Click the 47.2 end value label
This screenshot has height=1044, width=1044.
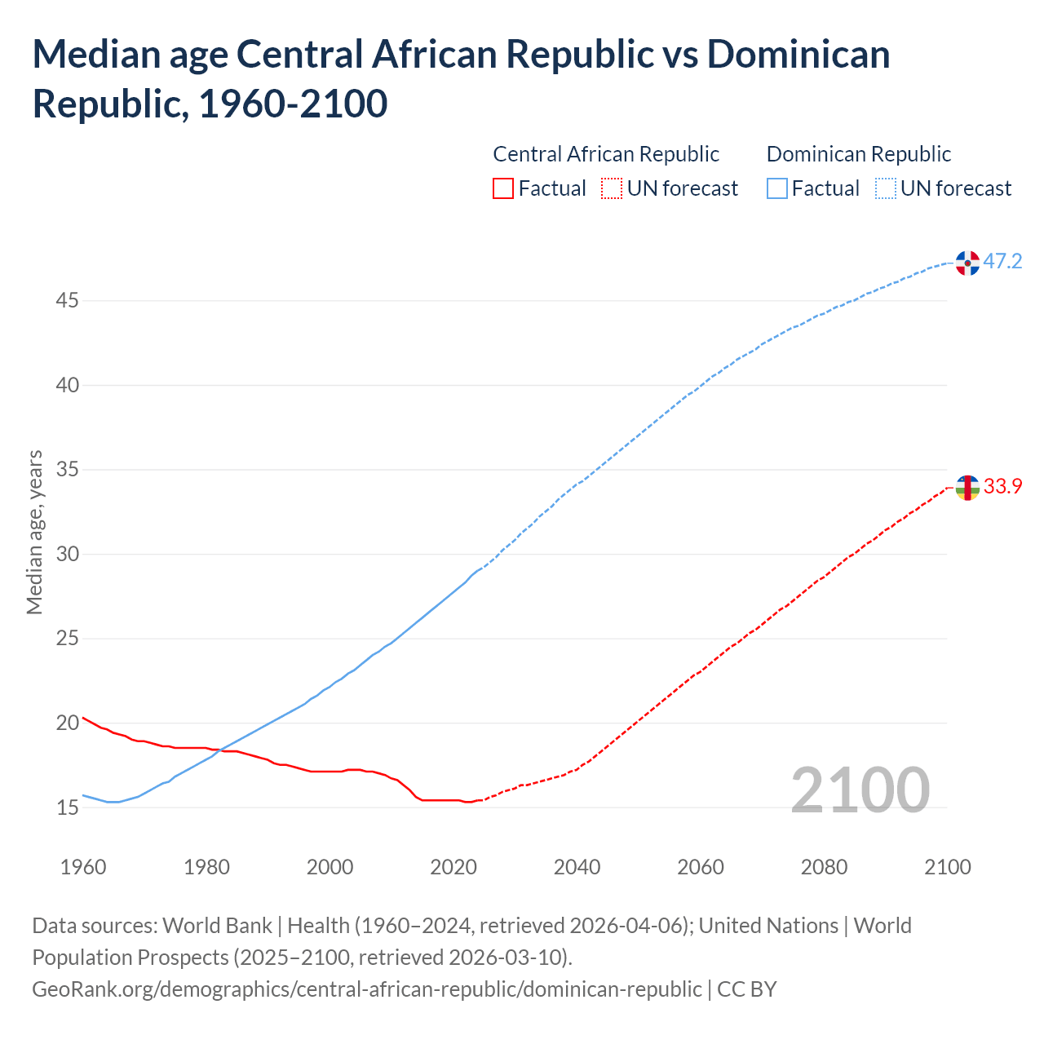(x=1002, y=262)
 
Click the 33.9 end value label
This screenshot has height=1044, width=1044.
(x=1002, y=487)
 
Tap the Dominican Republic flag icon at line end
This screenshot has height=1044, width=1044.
(x=967, y=263)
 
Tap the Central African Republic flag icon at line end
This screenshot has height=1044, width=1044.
(x=967, y=488)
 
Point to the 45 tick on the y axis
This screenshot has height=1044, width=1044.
(x=67, y=301)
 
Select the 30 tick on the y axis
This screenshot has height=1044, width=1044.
(x=67, y=555)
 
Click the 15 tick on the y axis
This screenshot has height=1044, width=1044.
(x=67, y=808)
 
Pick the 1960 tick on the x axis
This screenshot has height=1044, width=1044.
(x=83, y=867)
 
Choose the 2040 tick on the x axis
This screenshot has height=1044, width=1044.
(x=577, y=867)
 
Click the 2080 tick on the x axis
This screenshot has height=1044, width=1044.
(x=824, y=867)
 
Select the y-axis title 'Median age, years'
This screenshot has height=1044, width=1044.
(x=34, y=532)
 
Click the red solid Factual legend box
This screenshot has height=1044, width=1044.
(x=503, y=189)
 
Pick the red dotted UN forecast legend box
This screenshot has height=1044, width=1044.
(x=612, y=189)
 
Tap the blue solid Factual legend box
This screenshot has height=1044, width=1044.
(x=777, y=189)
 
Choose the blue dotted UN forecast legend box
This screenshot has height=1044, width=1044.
(x=886, y=189)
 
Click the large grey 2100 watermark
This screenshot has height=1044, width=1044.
(x=860, y=790)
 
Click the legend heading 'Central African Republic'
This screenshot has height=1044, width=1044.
(x=606, y=154)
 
